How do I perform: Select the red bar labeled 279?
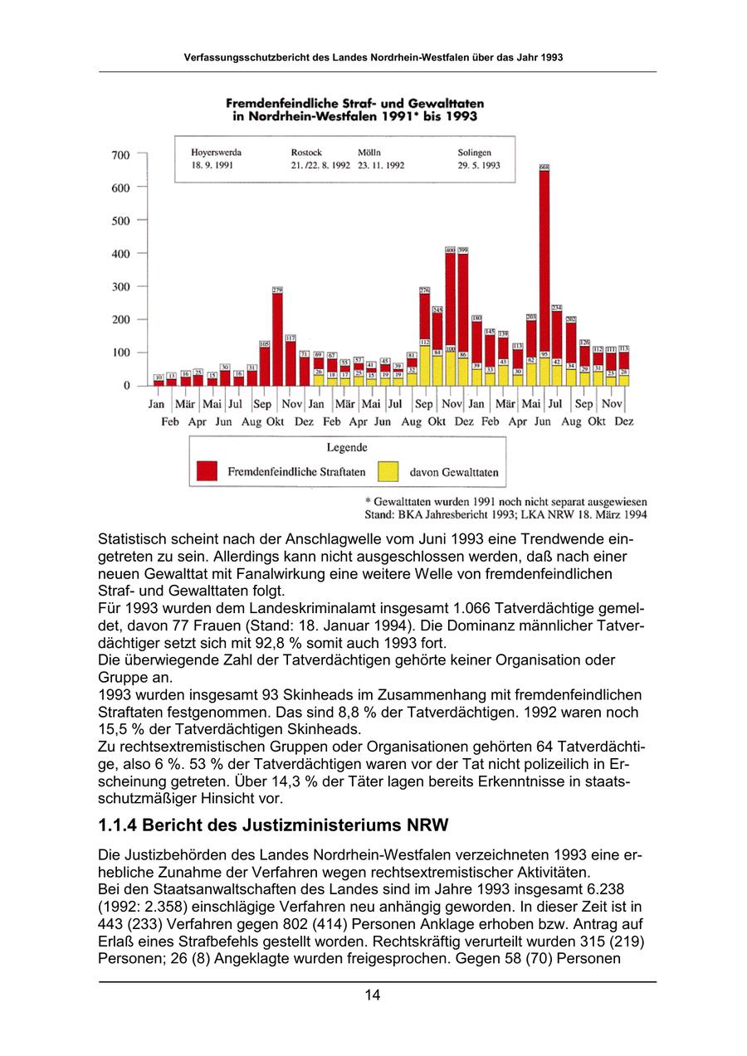(278, 336)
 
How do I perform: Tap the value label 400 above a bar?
(450, 249)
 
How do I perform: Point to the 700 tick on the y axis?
(120, 154)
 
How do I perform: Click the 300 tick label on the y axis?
(120, 286)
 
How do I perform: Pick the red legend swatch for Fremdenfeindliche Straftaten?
(207, 471)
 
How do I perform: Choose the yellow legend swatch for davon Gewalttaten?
(388, 471)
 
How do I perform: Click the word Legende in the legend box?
(347, 448)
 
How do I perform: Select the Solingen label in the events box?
(475, 153)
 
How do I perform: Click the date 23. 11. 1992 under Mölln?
(381, 165)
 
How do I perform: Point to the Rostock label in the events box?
(307, 153)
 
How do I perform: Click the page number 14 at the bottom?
(373, 995)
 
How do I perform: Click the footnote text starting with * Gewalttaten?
(506, 502)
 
